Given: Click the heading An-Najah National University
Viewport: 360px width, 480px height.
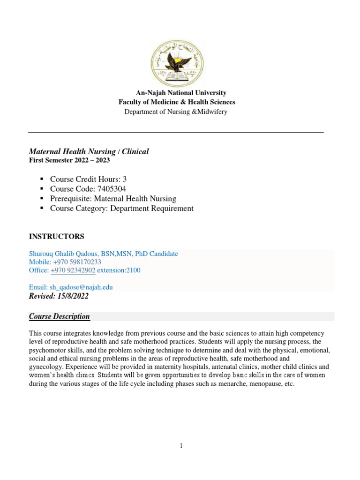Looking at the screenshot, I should click(181, 93).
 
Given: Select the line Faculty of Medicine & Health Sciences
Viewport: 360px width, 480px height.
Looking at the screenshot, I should click(177, 102).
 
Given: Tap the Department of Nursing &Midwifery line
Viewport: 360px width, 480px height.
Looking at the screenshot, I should click(176, 112).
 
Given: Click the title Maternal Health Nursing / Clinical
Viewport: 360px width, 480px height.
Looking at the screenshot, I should click(89, 151).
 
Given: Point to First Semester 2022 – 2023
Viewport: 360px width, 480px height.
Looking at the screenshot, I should click(69, 160).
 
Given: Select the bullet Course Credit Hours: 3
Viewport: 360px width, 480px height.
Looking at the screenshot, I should click(88, 179).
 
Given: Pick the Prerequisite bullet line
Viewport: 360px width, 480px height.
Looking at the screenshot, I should click(113, 199).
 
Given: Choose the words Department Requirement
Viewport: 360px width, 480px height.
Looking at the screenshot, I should click(151, 209).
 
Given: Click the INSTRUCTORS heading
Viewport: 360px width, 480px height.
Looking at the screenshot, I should click(57, 236).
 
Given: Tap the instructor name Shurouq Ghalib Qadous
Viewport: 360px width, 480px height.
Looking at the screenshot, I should click(67, 254).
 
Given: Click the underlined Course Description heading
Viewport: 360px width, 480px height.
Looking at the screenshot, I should click(60, 316).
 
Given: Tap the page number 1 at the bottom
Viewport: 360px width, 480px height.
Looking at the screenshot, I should click(181, 446).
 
